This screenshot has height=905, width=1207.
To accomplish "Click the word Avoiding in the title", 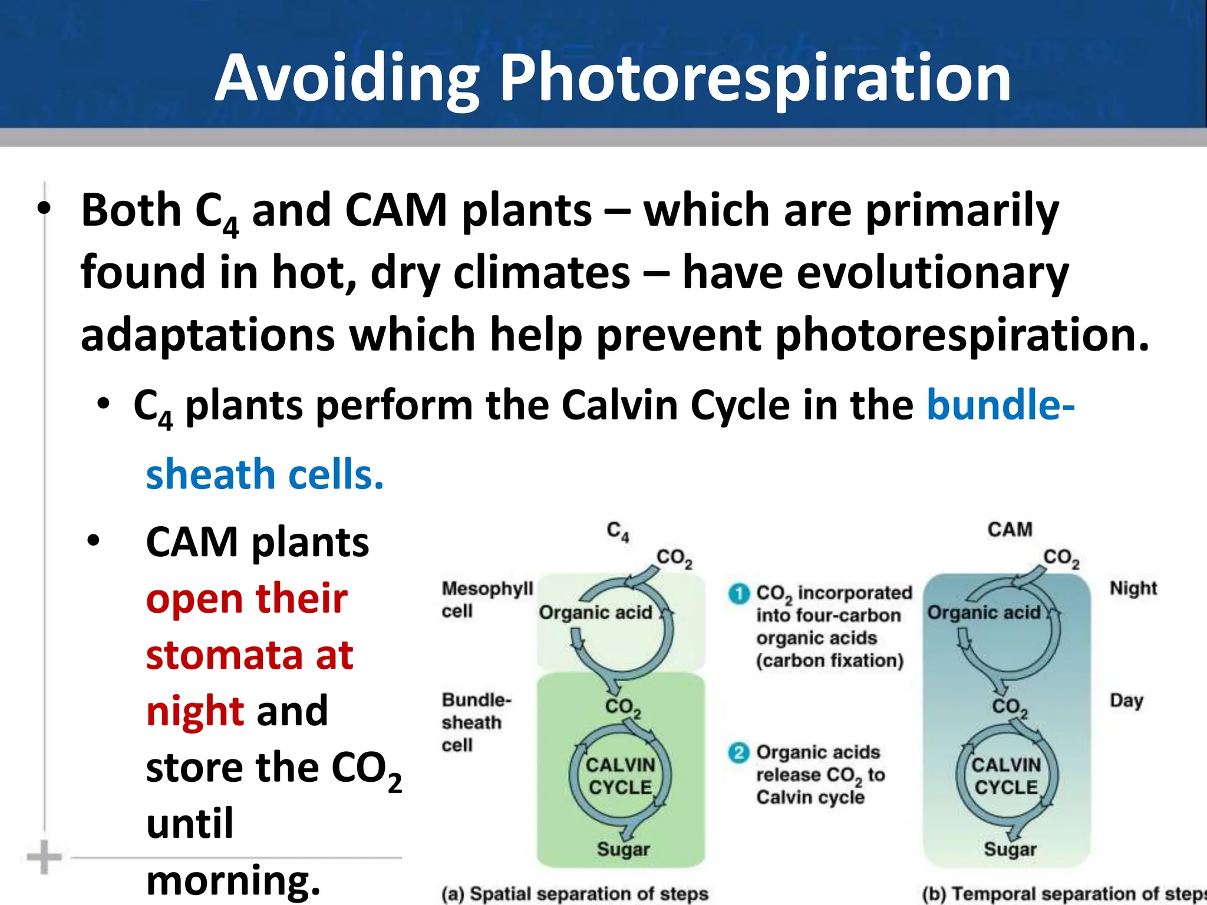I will [x=347, y=78].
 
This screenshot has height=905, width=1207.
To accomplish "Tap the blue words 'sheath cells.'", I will [x=265, y=474].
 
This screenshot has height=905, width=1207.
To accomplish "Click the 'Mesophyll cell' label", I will [x=487, y=599].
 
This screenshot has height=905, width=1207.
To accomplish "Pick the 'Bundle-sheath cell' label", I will [x=476, y=722].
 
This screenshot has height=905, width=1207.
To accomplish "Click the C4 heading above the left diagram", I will [x=618, y=531].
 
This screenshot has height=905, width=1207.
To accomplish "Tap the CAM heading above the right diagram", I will [x=1010, y=529].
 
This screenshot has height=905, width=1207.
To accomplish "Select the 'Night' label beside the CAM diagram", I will [x=1133, y=588].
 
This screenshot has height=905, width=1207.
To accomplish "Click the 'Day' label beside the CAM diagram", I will [x=1126, y=701].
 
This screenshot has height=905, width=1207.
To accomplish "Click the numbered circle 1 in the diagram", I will [x=739, y=593].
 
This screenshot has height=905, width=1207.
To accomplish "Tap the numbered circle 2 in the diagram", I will [x=739, y=752].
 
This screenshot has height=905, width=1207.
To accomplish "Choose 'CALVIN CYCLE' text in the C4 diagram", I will [x=620, y=776].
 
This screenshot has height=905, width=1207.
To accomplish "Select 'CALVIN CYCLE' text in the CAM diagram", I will [x=1006, y=776].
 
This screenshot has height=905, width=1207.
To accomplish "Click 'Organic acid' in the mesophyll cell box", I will [x=595, y=613].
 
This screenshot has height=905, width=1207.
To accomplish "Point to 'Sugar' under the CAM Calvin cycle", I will [x=1010, y=849].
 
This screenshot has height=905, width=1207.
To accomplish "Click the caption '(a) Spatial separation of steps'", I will [x=575, y=894].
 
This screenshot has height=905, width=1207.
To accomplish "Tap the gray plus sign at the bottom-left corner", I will [x=44, y=857].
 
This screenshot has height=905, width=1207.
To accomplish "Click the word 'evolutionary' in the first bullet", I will [x=875, y=272].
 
